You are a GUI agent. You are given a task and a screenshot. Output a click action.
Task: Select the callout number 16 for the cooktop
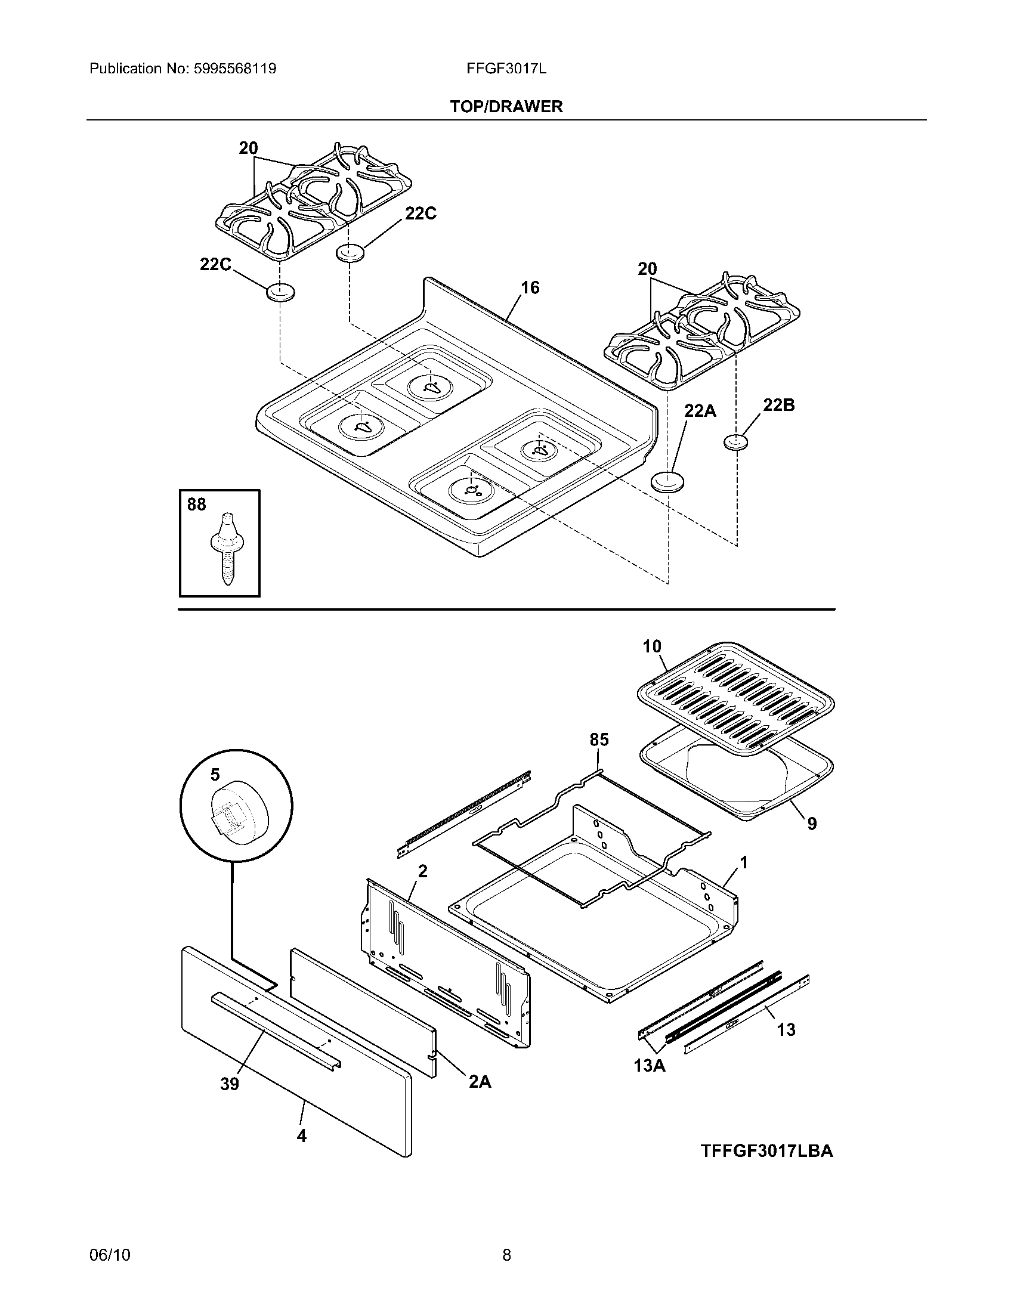[x=530, y=288]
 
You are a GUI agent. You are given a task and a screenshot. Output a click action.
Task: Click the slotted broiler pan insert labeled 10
[x=735, y=697]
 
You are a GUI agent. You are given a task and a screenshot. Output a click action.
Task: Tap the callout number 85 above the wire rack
[x=599, y=739]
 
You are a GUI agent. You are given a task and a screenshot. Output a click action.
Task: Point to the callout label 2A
[x=480, y=1082]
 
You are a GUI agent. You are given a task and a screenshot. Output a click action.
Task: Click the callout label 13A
[x=650, y=1066]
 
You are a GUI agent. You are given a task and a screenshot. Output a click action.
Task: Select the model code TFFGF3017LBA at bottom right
[x=766, y=1150]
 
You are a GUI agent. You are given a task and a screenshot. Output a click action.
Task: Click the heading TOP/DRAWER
[x=506, y=106]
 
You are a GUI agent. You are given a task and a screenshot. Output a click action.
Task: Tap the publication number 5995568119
[x=235, y=69]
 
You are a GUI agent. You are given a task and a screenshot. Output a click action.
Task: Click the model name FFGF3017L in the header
[x=506, y=69]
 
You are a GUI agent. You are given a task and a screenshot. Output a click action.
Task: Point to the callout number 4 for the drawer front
[x=302, y=1136]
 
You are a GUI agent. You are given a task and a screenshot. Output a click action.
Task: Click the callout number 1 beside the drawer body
[x=744, y=864]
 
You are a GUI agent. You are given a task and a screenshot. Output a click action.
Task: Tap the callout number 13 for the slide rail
[x=786, y=1030]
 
